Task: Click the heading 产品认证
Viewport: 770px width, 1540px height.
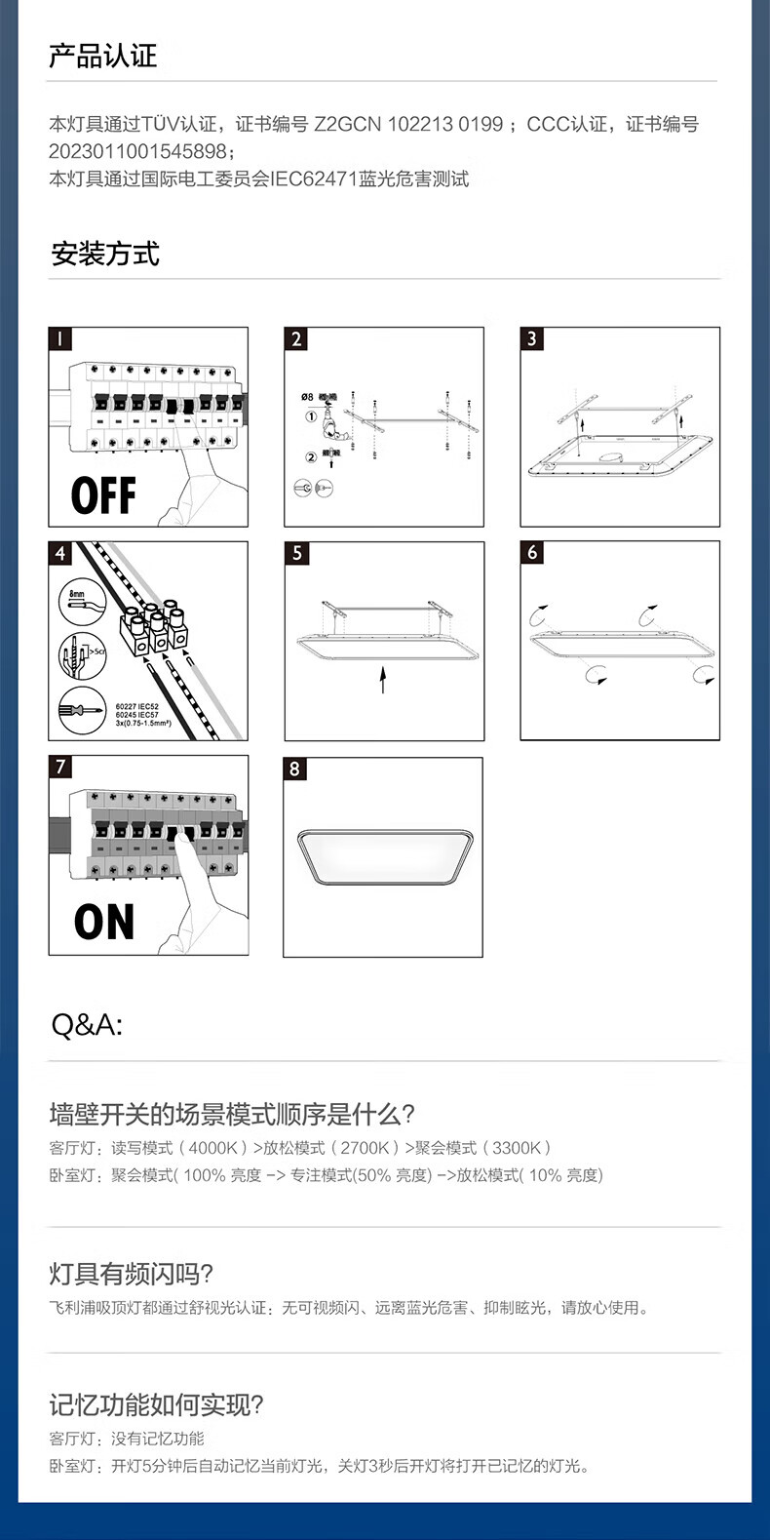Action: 102,57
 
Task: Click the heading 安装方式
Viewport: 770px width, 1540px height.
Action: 105,255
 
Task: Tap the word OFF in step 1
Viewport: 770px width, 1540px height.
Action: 103,495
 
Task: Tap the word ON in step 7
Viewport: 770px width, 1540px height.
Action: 104,922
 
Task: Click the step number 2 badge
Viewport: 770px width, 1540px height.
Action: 296,339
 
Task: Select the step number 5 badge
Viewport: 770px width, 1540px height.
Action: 296,554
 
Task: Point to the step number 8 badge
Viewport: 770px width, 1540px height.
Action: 295,769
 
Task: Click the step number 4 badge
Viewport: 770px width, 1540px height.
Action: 60,554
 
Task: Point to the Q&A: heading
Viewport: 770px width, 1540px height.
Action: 87,1025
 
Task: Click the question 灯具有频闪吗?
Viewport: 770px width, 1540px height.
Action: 131,1274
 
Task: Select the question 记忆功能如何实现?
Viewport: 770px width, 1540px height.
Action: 156,1405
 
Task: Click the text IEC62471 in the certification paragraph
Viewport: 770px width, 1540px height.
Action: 314,178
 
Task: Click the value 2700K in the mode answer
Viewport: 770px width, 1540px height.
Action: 365,1148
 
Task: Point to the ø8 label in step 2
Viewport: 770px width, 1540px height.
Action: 307,397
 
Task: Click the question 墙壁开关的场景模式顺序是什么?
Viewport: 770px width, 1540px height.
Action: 232,1114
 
